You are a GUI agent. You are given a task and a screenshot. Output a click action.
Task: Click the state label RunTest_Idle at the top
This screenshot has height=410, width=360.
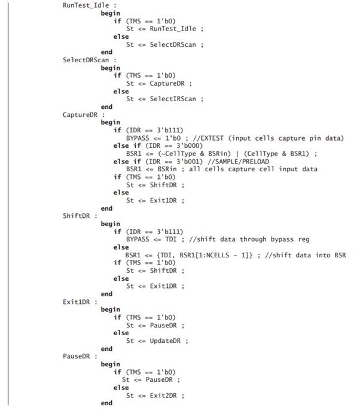(x=85, y=5)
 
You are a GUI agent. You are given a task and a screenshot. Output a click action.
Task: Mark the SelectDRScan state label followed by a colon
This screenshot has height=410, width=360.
(x=85, y=60)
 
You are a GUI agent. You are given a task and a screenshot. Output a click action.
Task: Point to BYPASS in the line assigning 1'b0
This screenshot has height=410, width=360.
(x=139, y=138)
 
